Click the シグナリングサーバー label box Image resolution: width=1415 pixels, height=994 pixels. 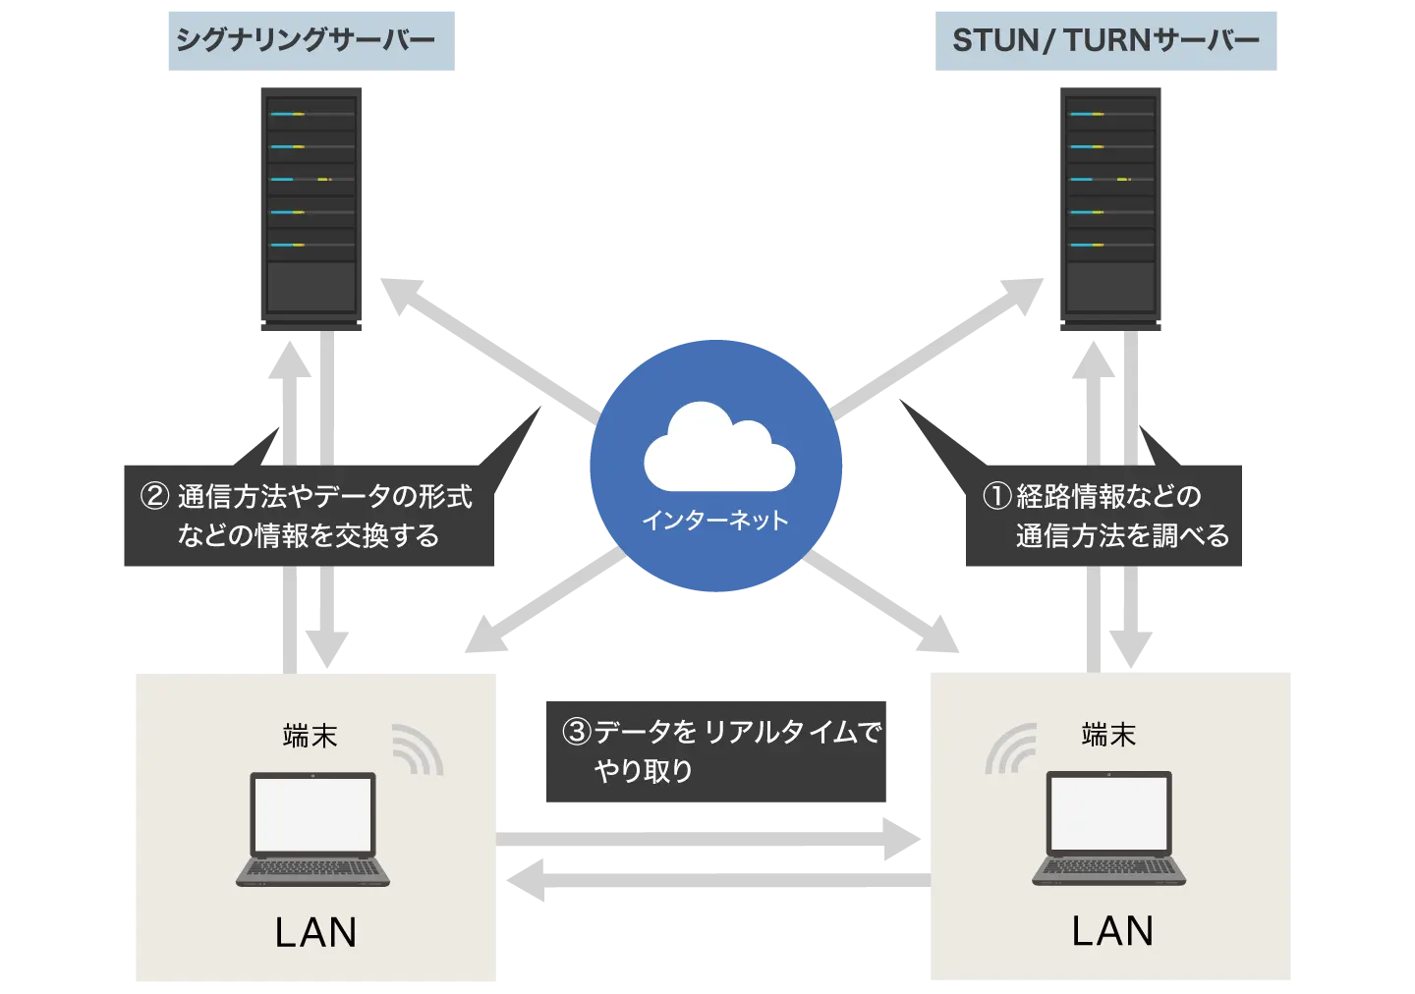click(310, 39)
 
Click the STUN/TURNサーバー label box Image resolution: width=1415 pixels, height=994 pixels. click(1107, 39)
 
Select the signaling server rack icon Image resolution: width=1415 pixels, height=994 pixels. click(311, 212)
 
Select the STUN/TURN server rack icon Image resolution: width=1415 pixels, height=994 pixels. click(1107, 212)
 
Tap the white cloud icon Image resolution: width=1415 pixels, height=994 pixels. click(719, 449)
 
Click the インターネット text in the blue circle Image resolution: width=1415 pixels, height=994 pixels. click(715, 521)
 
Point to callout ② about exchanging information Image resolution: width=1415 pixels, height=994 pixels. click(307, 518)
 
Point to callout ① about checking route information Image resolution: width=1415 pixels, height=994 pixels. click(1101, 518)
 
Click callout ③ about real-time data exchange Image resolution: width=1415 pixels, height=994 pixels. click(715, 753)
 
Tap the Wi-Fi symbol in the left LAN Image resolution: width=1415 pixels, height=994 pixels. click(418, 749)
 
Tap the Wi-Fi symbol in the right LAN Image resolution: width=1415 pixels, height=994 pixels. click(1011, 749)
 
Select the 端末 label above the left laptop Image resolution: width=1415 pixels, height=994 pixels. click(310, 736)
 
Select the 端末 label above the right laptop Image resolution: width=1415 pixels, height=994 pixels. click(1108, 735)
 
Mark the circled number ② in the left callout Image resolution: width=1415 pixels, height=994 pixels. click(155, 496)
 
